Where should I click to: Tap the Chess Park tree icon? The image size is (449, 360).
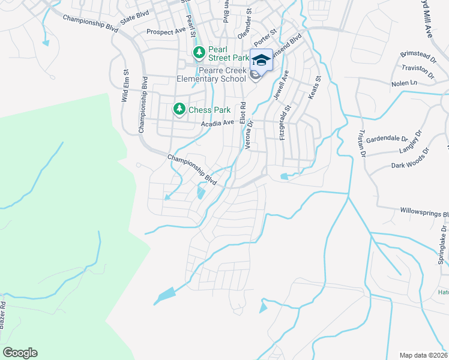179,109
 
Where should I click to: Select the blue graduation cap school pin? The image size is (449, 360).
261,60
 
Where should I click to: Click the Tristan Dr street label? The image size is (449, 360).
362,142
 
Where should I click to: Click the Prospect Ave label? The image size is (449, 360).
166,31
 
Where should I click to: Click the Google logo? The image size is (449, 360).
20,353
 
